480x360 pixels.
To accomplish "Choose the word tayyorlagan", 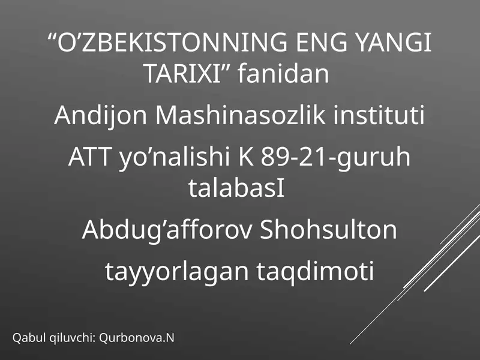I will tap(176, 272).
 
